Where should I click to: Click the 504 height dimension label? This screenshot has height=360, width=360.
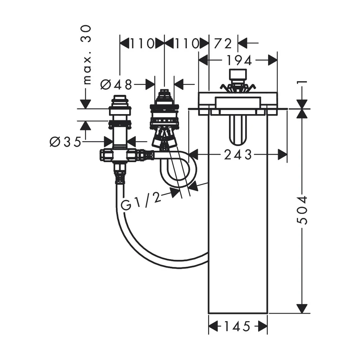[302, 210]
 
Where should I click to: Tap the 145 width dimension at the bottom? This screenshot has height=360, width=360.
[237, 326]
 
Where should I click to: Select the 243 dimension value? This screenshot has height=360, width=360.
[238, 155]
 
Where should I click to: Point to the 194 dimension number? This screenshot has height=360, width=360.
[239, 60]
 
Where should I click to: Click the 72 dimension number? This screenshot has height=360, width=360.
[223, 44]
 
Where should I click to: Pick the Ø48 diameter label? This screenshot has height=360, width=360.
[116, 85]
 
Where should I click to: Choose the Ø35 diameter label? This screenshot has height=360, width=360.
[66, 141]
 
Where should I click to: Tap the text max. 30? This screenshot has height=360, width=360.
[86, 55]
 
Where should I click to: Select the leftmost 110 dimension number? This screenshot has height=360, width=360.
[142, 44]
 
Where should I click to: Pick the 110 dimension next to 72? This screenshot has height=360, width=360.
[186, 44]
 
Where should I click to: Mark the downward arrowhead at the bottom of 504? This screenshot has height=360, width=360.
[302, 309]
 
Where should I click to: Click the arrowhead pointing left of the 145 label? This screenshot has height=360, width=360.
[213, 326]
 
